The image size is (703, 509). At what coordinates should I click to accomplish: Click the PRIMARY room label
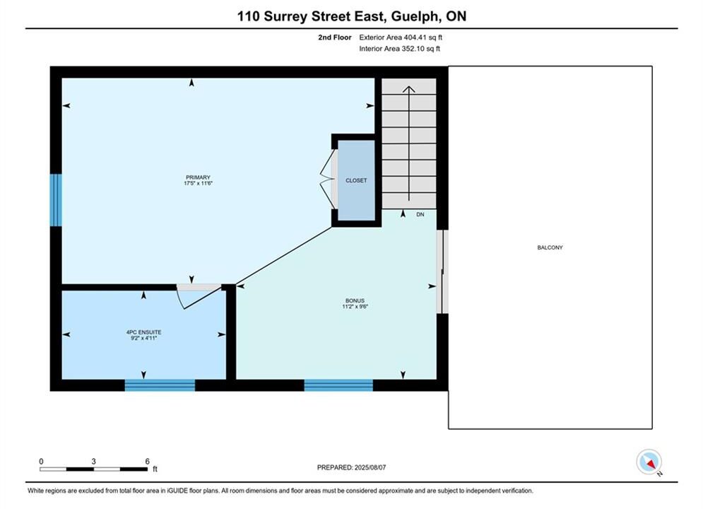[x=198, y=177]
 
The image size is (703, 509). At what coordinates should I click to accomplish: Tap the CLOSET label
[x=356, y=180]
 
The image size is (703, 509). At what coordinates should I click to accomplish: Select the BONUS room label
[x=355, y=300]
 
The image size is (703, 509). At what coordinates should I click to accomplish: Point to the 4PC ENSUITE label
[x=143, y=332]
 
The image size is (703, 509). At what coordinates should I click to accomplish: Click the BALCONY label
[x=550, y=247]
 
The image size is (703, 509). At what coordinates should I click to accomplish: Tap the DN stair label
[x=420, y=214]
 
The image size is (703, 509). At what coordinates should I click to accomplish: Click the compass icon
[x=649, y=462]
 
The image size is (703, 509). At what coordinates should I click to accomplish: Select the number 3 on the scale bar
[x=94, y=461]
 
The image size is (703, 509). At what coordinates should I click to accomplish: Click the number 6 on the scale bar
[x=148, y=461]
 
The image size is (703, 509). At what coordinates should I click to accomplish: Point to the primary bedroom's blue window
[x=56, y=200]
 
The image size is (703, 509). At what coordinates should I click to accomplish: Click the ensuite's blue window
[x=160, y=385]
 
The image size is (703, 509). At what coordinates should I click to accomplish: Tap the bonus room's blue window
[x=338, y=385]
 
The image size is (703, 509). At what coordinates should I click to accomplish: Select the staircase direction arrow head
[x=408, y=89]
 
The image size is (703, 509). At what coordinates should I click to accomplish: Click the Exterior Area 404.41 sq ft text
[x=401, y=37]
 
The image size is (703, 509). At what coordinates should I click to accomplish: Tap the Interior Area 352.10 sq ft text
[x=399, y=49]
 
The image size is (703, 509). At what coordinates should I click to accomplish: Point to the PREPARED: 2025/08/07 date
[x=352, y=467]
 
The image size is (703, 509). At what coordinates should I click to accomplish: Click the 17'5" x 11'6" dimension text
[x=198, y=183]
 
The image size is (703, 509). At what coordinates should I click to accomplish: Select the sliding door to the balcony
[x=442, y=271]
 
